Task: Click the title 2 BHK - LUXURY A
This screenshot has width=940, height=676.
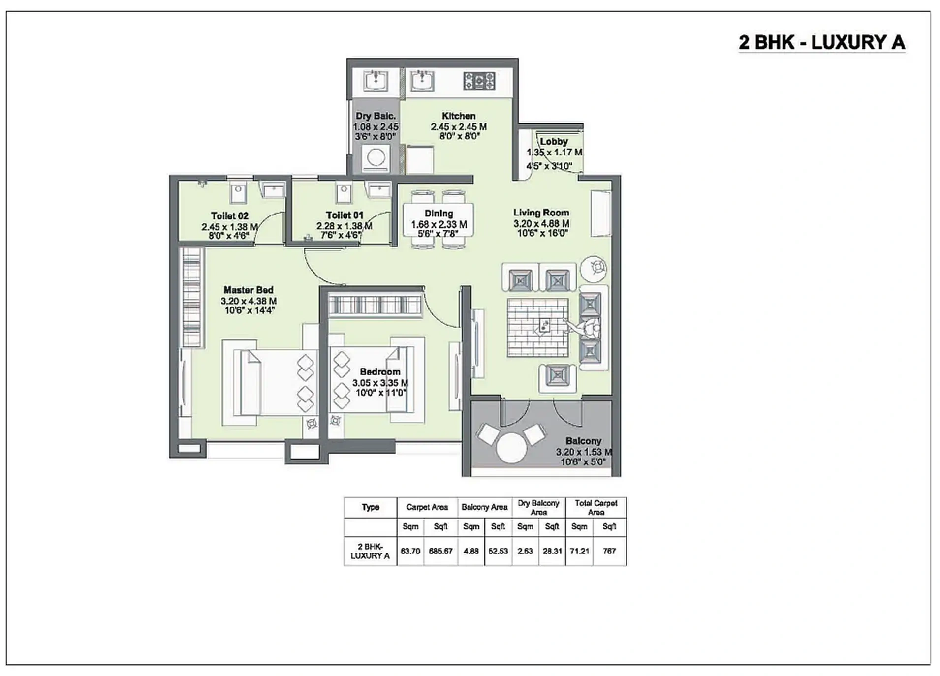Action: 821,43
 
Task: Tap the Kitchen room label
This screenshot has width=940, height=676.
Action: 458,116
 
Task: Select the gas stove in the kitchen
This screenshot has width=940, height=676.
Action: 479,81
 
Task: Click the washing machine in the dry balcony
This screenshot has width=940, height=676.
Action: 376,158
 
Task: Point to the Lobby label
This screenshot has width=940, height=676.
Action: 554,141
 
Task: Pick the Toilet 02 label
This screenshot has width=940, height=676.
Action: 229,216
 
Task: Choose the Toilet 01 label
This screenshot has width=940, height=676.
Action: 344,215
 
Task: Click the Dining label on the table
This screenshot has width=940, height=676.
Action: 439,214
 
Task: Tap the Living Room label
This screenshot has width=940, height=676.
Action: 541,213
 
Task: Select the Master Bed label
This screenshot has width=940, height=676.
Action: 248,290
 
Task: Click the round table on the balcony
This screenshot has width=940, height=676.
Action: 511,447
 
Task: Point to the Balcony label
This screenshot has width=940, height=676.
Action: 583,441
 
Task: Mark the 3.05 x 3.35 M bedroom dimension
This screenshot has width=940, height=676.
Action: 379,383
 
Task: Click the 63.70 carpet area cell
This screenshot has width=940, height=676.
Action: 410,551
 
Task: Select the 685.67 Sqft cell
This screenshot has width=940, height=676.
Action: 440,551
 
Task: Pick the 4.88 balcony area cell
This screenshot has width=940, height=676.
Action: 471,551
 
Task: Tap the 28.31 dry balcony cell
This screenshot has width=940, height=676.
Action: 552,551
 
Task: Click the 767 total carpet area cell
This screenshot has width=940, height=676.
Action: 609,551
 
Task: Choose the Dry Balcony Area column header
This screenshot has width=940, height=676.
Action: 538,507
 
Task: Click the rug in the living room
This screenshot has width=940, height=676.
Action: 537,327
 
